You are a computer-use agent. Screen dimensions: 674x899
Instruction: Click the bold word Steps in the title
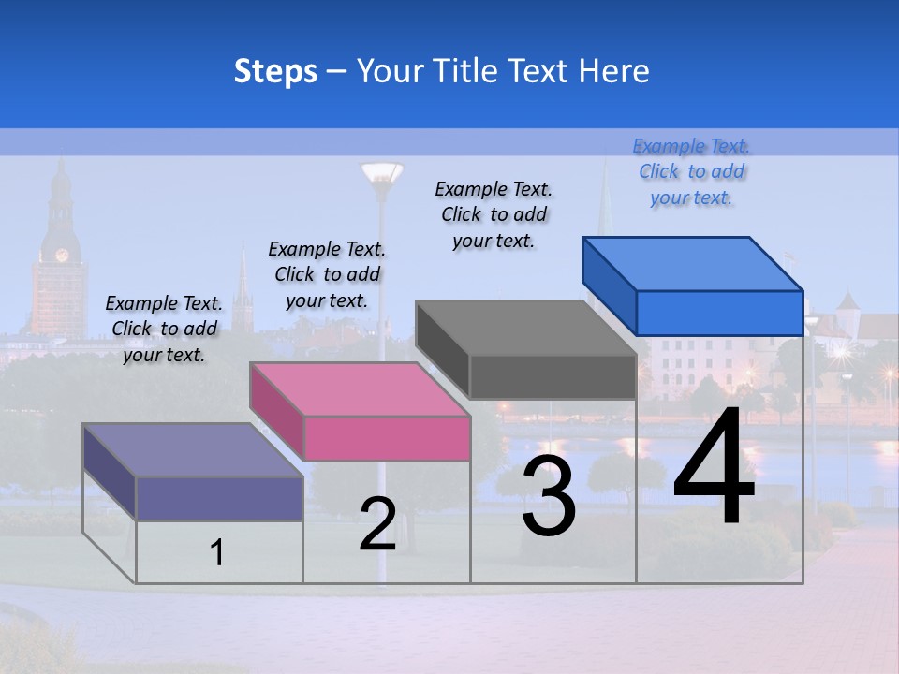(275, 71)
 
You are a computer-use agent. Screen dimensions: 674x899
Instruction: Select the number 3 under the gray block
(549, 496)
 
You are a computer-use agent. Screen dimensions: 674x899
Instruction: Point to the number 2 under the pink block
(377, 524)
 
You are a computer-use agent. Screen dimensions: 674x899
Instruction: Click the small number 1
(217, 553)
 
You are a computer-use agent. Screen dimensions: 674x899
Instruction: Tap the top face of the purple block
(193, 450)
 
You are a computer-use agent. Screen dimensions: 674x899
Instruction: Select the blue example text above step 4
(692, 172)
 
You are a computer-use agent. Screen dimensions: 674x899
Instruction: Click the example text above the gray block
(494, 214)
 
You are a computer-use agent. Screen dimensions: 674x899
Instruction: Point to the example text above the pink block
(327, 274)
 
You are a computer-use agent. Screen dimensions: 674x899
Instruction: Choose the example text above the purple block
(164, 329)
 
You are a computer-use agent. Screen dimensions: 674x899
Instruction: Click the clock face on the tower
(62, 255)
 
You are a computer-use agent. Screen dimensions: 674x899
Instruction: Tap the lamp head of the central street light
(381, 173)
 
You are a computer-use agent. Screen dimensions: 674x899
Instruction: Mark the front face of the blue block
(719, 313)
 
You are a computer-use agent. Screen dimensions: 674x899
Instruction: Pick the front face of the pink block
(387, 438)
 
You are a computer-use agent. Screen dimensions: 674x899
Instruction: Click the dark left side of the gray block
(442, 350)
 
